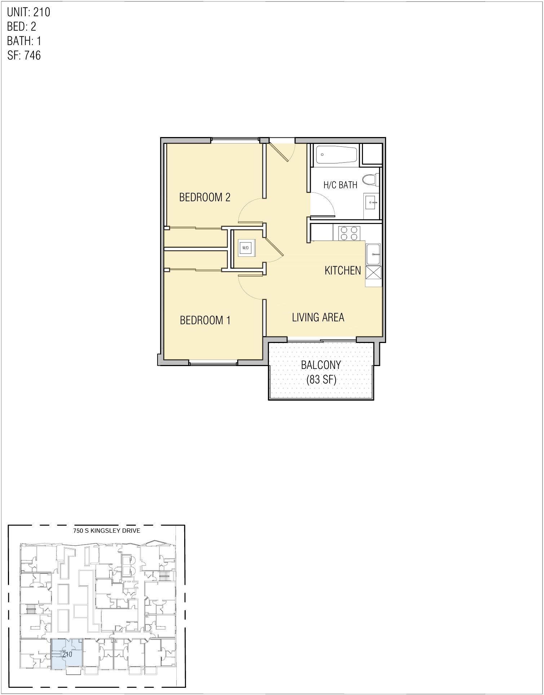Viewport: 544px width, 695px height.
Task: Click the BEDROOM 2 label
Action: click(204, 197)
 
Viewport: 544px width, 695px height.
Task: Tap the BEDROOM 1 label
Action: click(205, 320)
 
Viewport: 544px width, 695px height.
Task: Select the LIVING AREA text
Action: click(318, 317)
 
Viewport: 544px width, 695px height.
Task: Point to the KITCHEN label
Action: click(342, 270)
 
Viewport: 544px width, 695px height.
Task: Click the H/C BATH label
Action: click(340, 185)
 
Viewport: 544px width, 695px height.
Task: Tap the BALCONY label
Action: click(321, 365)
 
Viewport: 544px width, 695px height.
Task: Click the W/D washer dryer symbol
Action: click(246, 248)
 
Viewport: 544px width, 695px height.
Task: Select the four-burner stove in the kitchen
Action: click(349, 233)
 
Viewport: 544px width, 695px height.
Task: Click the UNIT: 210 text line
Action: click(28, 12)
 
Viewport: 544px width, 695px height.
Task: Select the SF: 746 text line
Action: click(24, 55)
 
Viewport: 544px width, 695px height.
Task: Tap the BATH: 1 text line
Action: click(24, 41)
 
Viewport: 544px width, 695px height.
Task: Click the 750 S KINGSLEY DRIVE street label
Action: click(106, 531)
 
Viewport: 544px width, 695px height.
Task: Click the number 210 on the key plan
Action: click(67, 654)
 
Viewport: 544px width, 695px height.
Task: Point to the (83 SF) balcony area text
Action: click(321, 379)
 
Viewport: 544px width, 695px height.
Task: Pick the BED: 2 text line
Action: click(22, 27)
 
